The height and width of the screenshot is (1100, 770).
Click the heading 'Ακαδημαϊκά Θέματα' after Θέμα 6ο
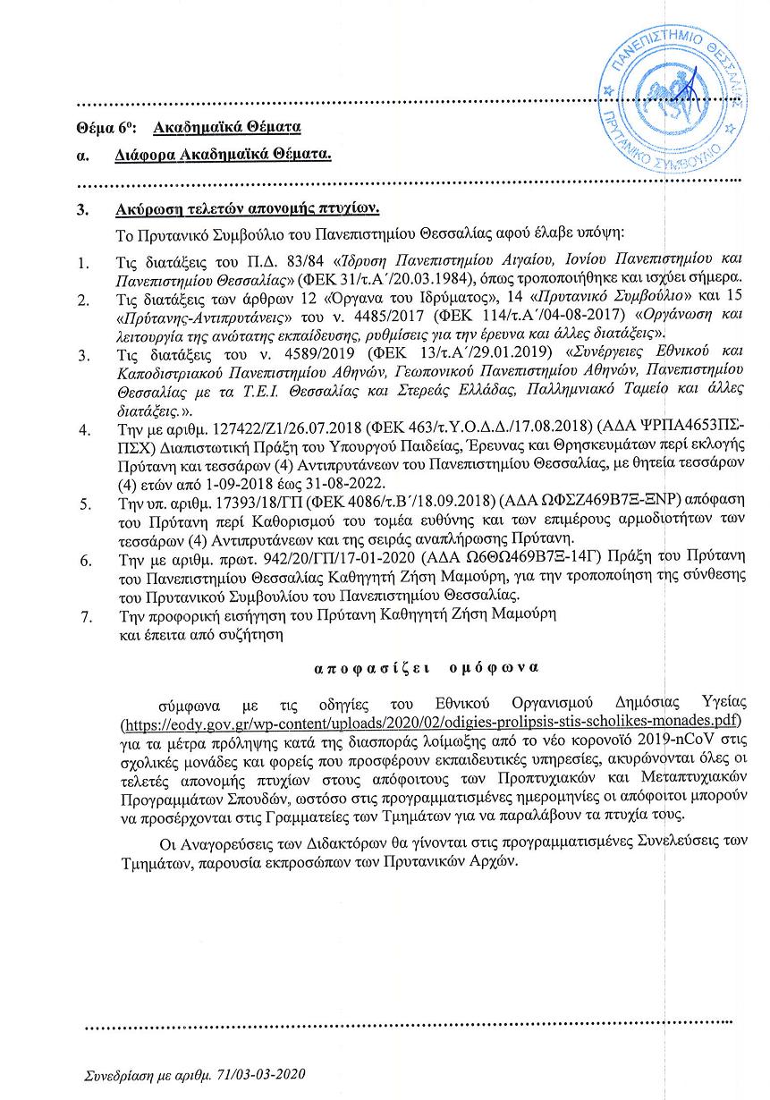(x=227, y=127)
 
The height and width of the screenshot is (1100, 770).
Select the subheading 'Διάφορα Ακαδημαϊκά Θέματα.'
(x=223, y=155)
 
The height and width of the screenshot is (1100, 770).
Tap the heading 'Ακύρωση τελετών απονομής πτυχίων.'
(x=249, y=210)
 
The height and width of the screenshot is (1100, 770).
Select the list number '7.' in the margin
(x=86, y=616)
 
